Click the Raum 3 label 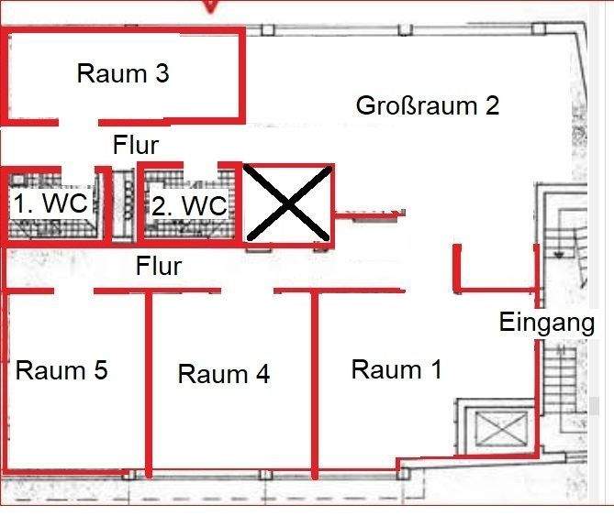point(123,73)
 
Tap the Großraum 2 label point(428,105)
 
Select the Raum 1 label point(396,369)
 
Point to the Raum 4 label point(224,374)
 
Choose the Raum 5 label point(61,370)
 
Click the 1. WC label point(50,203)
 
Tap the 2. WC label point(189,206)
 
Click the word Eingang point(547,322)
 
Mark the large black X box point(289,204)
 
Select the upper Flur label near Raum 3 point(136,144)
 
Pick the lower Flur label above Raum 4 point(159,267)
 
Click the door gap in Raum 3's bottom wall point(79,121)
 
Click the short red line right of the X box point(367,217)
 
